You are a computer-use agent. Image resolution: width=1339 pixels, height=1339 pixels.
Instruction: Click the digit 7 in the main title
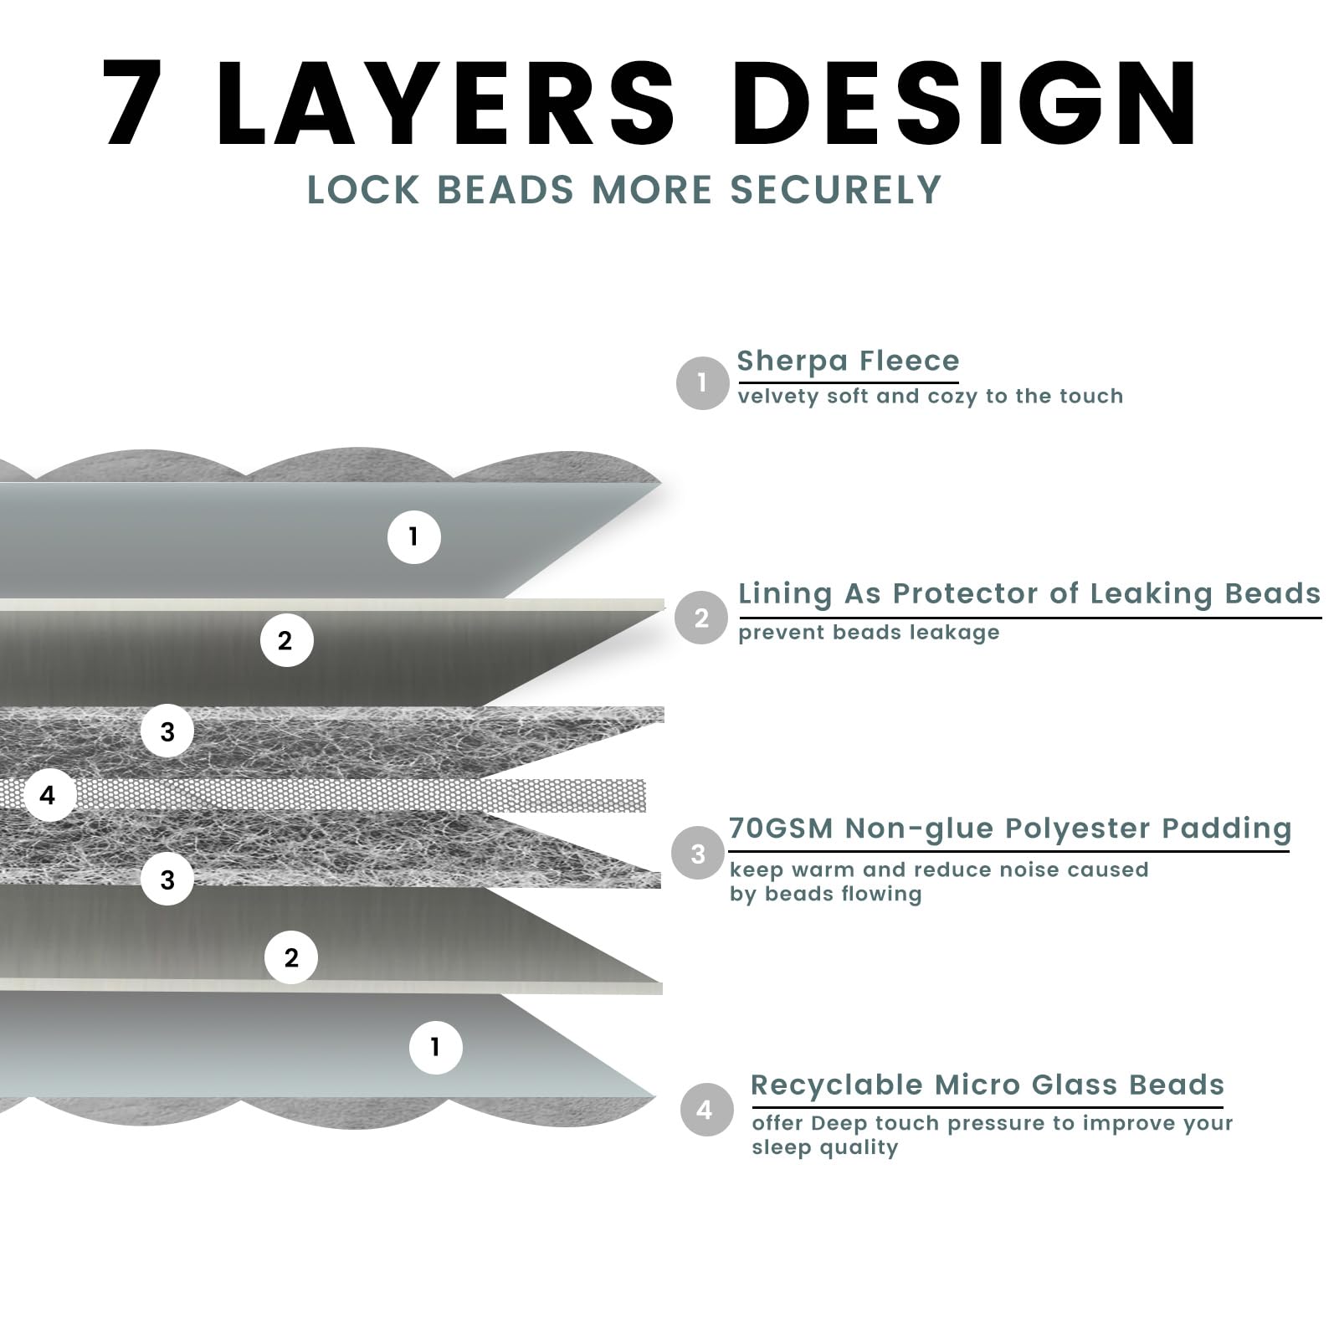coord(134,103)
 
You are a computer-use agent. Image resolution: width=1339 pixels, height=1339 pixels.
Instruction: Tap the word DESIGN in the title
coord(965,103)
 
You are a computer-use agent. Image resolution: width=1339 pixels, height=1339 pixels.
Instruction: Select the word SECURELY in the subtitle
coord(836,190)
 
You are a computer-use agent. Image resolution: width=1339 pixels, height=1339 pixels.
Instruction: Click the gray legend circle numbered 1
coord(702,383)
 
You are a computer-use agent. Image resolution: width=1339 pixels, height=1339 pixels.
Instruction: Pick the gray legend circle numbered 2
coord(701,618)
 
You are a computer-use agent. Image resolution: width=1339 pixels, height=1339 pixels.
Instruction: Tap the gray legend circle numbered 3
coord(698,853)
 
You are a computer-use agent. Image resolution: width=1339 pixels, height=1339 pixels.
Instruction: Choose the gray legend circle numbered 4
coord(705,1110)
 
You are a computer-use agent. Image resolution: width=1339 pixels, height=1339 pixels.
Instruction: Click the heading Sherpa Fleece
coord(848,361)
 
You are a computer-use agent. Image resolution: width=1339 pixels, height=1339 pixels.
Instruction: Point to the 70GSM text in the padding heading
coord(781,829)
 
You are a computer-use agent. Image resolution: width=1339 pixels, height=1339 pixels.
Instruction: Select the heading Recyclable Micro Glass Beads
coord(988,1085)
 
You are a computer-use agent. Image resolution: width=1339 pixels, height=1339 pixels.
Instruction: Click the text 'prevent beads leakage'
coord(869,633)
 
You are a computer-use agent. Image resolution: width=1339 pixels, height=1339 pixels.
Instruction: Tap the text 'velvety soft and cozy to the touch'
coord(930,397)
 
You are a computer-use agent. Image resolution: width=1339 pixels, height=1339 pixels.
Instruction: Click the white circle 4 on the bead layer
coord(49,795)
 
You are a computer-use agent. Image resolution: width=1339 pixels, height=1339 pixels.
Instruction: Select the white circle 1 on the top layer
coord(413,536)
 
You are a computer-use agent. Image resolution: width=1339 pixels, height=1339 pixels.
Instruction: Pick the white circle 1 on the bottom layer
coord(435,1047)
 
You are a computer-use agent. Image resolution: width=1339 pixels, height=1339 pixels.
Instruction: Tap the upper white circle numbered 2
coord(286,640)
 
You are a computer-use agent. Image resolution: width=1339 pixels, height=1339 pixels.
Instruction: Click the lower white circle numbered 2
coord(291,957)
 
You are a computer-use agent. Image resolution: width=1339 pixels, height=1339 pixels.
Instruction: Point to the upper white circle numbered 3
coord(167,731)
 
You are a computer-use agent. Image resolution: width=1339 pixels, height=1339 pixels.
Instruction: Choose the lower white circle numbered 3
coord(167,879)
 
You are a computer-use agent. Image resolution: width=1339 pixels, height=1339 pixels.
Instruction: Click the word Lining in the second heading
coord(785,593)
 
